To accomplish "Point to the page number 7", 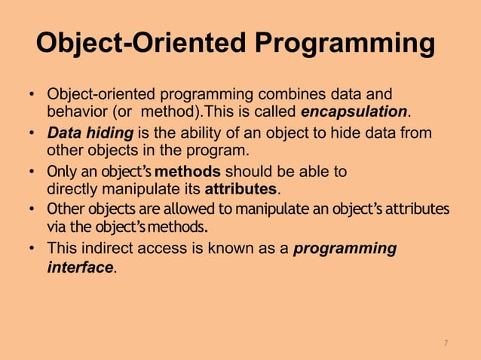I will click(x=446, y=343).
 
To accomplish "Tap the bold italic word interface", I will click(x=80, y=268).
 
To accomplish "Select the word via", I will click(x=57, y=225).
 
